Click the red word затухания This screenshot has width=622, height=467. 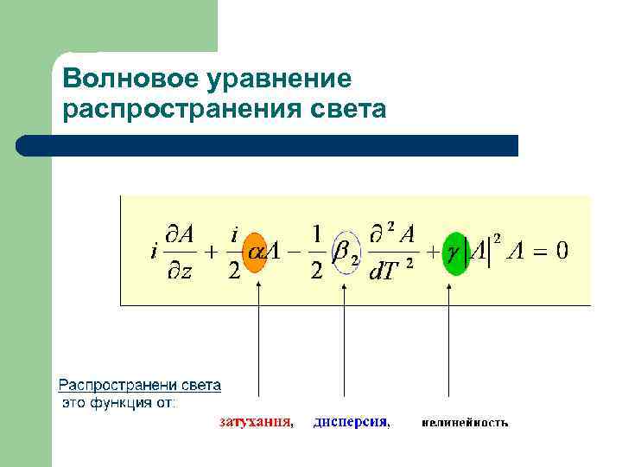tap(255, 423)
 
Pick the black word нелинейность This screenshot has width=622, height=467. tap(465, 424)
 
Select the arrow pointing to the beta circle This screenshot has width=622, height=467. tap(345, 346)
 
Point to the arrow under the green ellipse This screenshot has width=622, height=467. tap(448, 346)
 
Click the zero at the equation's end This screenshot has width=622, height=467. tap(561, 252)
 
